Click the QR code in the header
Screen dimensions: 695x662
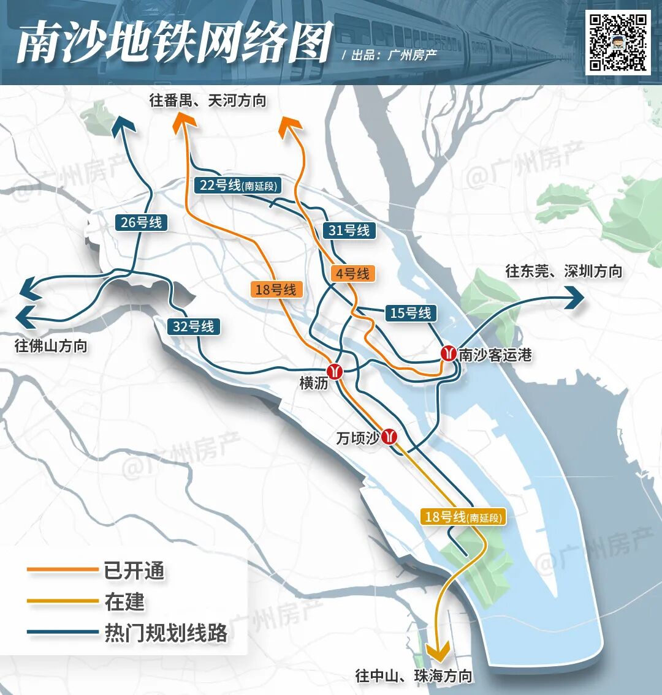pyautogui.click(x=618, y=42)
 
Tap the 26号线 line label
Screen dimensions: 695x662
pyautogui.click(x=141, y=222)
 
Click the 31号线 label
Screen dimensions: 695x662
pyautogui.click(x=349, y=230)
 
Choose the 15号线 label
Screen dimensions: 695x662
pyautogui.click(x=411, y=313)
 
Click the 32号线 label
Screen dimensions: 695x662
pyautogui.click(x=193, y=326)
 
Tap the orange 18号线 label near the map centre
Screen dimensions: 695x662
pyautogui.click(x=275, y=289)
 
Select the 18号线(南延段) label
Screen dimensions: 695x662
pyautogui.click(x=463, y=517)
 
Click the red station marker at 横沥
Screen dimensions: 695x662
pyautogui.click(x=335, y=370)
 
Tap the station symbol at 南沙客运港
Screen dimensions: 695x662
pyautogui.click(x=449, y=353)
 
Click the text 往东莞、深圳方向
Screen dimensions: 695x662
pyautogui.click(x=563, y=271)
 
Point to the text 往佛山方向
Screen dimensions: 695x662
pyautogui.click(x=51, y=346)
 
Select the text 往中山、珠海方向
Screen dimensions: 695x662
pyautogui.click(x=414, y=675)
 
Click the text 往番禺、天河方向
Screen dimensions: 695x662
pyautogui.click(x=208, y=100)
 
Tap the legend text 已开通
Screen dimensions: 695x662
pyautogui.click(x=134, y=571)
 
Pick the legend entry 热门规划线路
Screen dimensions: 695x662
pyautogui.click(x=165, y=633)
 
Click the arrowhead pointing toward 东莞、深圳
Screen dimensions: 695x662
pyautogui.click(x=574, y=298)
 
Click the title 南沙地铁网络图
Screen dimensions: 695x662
pyautogui.click(x=174, y=43)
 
